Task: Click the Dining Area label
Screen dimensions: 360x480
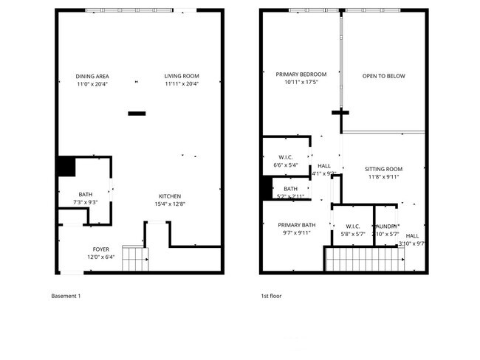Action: [92, 76]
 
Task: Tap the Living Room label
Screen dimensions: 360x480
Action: [182, 76]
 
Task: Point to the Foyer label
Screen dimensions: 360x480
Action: [101, 249]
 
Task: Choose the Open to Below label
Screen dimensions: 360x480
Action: [383, 76]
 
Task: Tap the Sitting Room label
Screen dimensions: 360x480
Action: [383, 169]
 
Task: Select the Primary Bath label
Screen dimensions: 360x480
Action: [297, 225]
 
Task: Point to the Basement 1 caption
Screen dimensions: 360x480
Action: [66, 296]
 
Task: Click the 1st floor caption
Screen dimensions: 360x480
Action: [271, 296]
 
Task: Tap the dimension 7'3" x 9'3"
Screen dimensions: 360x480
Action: [86, 202]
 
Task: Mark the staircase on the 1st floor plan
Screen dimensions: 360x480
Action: [363, 260]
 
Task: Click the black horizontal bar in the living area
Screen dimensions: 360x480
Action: [137, 113]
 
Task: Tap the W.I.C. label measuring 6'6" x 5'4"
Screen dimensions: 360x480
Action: [286, 157]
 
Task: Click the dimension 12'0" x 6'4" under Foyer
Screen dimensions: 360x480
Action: [101, 257]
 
